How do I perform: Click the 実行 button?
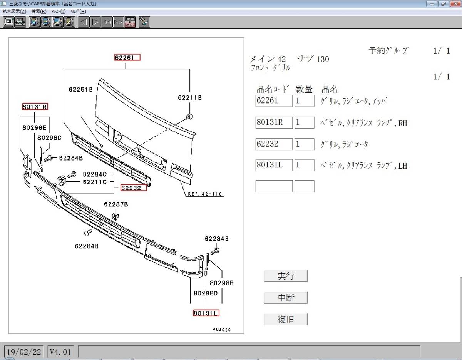click(286, 276)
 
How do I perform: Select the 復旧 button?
click(286, 319)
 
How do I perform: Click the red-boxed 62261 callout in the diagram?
click(127, 57)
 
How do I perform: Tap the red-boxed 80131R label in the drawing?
click(35, 107)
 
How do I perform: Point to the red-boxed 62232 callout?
click(134, 188)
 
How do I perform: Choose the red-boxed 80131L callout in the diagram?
click(206, 313)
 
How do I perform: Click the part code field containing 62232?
click(274, 144)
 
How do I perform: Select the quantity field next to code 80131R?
click(304, 122)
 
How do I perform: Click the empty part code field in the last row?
click(274, 186)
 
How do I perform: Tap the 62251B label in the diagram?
click(80, 90)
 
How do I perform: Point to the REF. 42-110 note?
click(205, 194)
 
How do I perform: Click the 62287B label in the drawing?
click(116, 204)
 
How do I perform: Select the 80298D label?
click(206, 293)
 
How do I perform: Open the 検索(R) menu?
click(39, 12)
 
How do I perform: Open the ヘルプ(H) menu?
click(78, 12)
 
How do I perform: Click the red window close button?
click(455, 4)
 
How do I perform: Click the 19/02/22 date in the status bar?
click(24, 352)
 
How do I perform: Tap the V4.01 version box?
click(60, 352)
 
